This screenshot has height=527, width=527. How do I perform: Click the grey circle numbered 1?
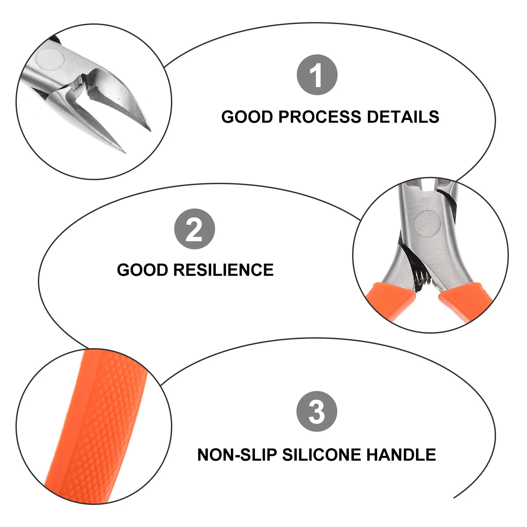pos(317,75)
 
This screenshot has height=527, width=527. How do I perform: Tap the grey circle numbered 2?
pos(194,229)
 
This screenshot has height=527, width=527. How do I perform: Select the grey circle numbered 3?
pos(317,411)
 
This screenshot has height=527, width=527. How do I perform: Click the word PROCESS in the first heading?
pos(319,117)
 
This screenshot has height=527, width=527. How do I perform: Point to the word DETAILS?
pos(402,117)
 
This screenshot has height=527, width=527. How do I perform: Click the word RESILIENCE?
pos(223,270)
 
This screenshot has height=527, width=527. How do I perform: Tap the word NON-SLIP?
pos(237,455)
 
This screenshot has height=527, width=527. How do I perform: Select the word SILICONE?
pos(322,455)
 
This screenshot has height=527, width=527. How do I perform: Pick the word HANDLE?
pos(401,455)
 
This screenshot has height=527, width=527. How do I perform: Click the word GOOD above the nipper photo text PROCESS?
pos(247,117)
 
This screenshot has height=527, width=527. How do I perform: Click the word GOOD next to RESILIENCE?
pos(143,270)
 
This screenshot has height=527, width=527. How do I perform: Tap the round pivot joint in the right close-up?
pos(427,223)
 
